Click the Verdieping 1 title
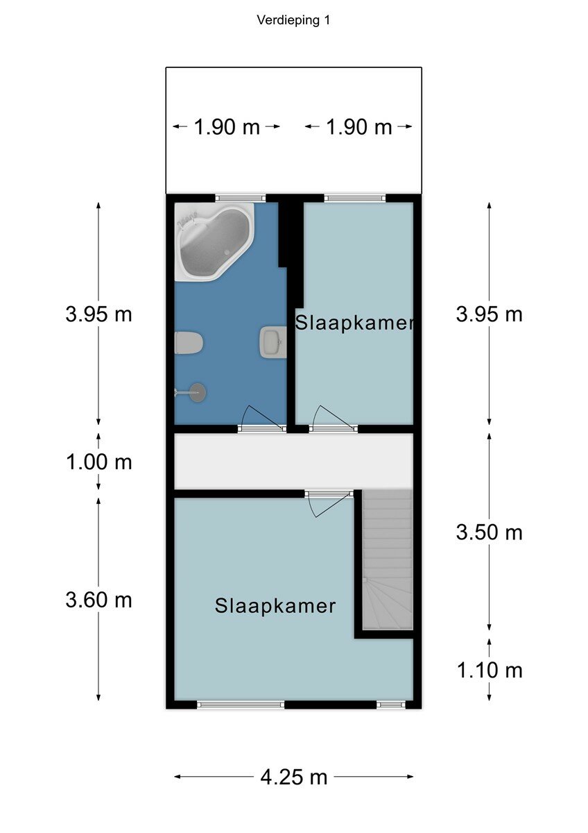(293, 20)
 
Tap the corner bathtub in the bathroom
(214, 242)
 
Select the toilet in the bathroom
(189, 343)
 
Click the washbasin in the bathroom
(273, 342)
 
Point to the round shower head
(198, 392)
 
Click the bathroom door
(263, 419)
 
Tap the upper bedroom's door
(334, 419)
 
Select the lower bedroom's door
(329, 503)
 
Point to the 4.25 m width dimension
(293, 777)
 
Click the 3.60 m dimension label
(98, 600)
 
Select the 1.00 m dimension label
(98, 462)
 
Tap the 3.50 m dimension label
(490, 532)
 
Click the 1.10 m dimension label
(490, 671)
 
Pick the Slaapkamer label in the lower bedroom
(275, 606)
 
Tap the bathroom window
(241, 198)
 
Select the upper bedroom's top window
(355, 198)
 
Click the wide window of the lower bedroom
(241, 705)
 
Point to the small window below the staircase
(391, 705)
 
